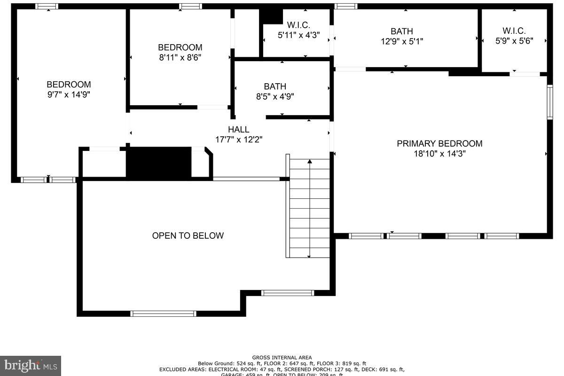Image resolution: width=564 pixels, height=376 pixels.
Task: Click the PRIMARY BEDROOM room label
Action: (439, 143)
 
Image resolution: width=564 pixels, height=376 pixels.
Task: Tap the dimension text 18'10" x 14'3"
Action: (439, 154)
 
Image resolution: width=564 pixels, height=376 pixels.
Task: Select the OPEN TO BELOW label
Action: (188, 235)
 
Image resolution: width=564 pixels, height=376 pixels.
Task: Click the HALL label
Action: (238, 129)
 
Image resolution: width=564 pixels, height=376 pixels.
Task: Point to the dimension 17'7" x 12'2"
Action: (238, 140)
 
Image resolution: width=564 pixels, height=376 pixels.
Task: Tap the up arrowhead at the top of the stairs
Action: (309, 162)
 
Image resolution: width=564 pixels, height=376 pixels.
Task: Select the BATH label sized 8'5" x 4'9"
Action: (275, 86)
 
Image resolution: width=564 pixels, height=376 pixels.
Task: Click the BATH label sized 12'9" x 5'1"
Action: (401, 31)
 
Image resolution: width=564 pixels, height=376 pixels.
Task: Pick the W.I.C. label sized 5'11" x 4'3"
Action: (298, 25)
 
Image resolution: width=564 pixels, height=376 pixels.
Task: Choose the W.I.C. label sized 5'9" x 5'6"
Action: (514, 31)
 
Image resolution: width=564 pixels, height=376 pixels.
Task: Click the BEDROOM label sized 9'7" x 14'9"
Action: (69, 85)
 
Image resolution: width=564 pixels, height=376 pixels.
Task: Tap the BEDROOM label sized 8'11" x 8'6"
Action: (180, 47)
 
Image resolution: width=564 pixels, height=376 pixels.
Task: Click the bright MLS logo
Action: (30, 365)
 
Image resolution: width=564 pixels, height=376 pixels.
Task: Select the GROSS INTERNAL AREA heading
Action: (282, 358)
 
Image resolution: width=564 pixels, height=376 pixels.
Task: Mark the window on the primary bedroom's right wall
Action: (549, 102)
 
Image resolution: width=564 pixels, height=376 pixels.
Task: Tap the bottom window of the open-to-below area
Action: (163, 313)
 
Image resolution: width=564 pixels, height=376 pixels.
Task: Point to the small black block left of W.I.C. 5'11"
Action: (271, 16)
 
